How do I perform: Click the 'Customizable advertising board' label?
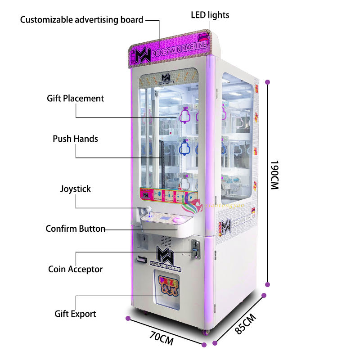coord(81,20)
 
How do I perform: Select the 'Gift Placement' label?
coord(75,98)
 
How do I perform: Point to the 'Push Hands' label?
coord(75,139)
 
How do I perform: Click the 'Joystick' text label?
coord(75,189)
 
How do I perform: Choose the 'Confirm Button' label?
coord(75,229)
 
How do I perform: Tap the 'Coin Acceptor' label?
coord(75,270)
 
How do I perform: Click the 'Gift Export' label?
coord(75,314)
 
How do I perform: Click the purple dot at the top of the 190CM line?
coord(268,82)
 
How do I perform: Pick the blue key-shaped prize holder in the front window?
coord(185,147)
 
